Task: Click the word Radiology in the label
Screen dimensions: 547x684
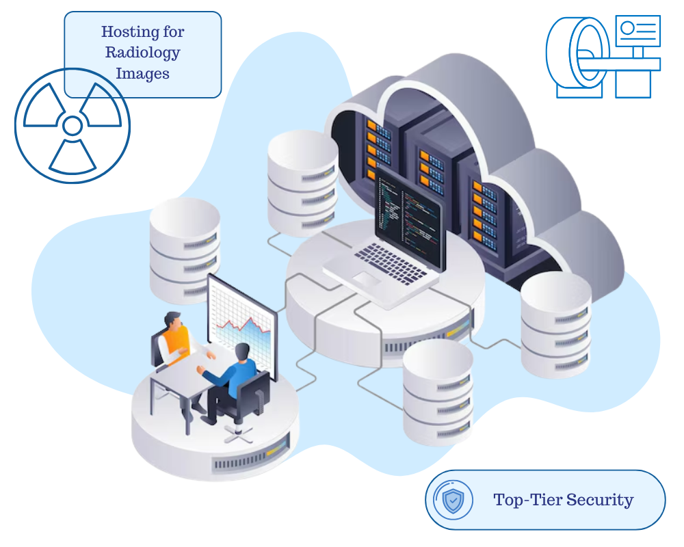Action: [x=142, y=52]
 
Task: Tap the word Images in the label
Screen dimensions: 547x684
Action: [x=142, y=72]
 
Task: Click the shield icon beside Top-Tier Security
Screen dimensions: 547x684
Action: [x=453, y=501]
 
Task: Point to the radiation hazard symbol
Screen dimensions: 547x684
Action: [x=73, y=126]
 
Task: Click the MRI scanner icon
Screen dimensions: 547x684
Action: [x=602, y=57]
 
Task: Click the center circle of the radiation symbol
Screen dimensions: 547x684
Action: [x=73, y=126]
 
